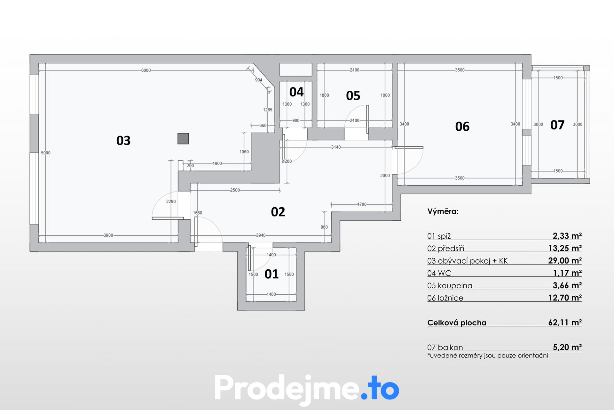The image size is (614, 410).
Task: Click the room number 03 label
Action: pyautogui.click(x=123, y=141)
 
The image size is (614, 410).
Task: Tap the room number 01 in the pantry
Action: pyautogui.click(x=272, y=274)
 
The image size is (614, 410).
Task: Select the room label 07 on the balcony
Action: pyautogui.click(x=557, y=125)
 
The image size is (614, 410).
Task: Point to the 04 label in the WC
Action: pyautogui.click(x=296, y=92)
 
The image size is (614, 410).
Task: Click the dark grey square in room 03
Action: pyautogui.click(x=183, y=139)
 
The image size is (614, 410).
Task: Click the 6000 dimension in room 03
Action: pyautogui.click(x=146, y=70)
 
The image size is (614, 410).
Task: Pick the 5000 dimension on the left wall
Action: pyautogui.click(x=46, y=153)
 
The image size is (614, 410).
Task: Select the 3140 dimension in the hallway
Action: pyautogui.click(x=336, y=147)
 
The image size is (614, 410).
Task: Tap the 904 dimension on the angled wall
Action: pyautogui.click(x=259, y=80)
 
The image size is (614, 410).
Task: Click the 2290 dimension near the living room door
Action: pyautogui.click(x=171, y=201)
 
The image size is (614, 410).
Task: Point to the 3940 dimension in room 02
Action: pyautogui.click(x=261, y=235)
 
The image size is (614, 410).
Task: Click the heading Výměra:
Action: pyautogui.click(x=443, y=211)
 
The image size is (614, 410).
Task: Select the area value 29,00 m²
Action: pyautogui.click(x=565, y=260)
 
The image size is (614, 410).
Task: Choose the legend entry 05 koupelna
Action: pyautogui.click(x=450, y=285)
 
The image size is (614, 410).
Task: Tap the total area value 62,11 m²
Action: pyautogui.click(x=565, y=322)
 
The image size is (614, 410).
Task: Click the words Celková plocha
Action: pyautogui.click(x=457, y=323)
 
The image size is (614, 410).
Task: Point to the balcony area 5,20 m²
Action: pyautogui.click(x=567, y=347)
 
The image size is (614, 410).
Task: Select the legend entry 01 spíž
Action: pyautogui.click(x=439, y=236)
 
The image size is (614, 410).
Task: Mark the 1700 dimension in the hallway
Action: pyautogui.click(x=362, y=204)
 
